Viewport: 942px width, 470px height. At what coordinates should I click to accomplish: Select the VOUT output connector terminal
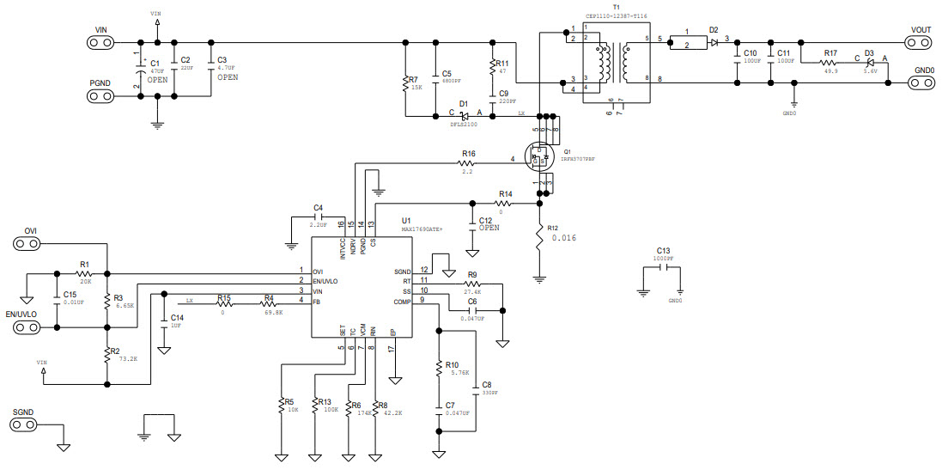(x=921, y=42)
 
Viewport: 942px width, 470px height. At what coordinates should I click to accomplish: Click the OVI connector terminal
(x=30, y=244)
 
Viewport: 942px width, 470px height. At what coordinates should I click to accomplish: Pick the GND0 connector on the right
(x=922, y=83)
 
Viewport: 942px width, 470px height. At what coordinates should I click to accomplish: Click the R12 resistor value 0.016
(x=563, y=238)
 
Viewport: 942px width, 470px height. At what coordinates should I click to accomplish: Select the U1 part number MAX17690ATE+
(x=423, y=230)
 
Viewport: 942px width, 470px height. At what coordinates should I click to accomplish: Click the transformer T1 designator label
(x=616, y=7)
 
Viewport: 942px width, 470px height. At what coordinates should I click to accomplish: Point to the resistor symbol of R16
(x=467, y=161)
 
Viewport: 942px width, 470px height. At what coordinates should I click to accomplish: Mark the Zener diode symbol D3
(x=869, y=62)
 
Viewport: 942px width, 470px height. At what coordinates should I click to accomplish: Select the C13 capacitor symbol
(x=661, y=267)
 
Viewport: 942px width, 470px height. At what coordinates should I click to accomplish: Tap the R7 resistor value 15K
(x=416, y=88)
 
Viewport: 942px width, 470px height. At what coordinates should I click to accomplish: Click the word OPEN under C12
(x=489, y=229)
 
